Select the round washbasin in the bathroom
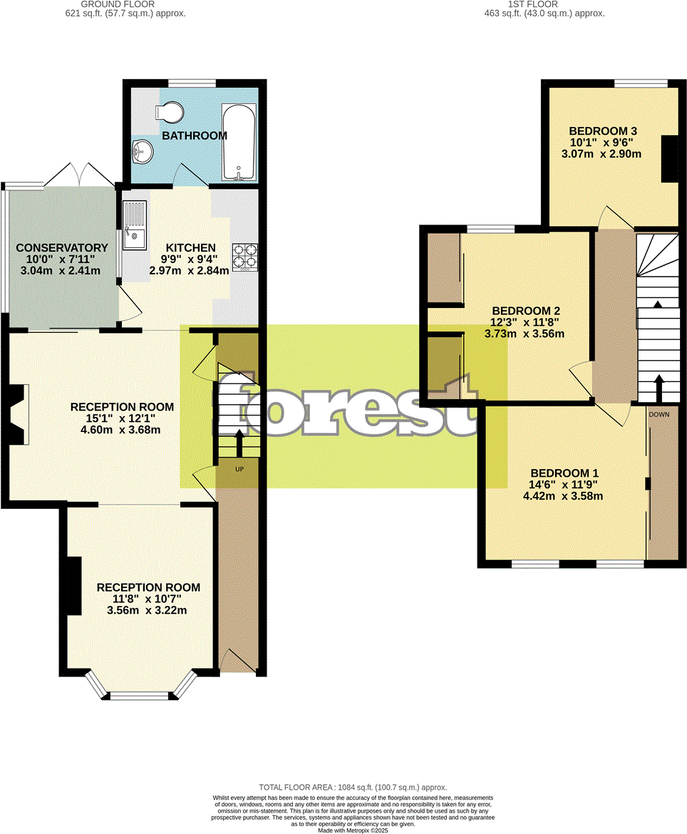click(x=143, y=150)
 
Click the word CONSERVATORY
click(x=62, y=248)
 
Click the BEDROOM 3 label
click(x=602, y=131)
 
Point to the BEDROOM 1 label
click(x=564, y=473)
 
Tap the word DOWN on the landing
click(x=658, y=413)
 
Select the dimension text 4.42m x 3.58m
click(x=564, y=496)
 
